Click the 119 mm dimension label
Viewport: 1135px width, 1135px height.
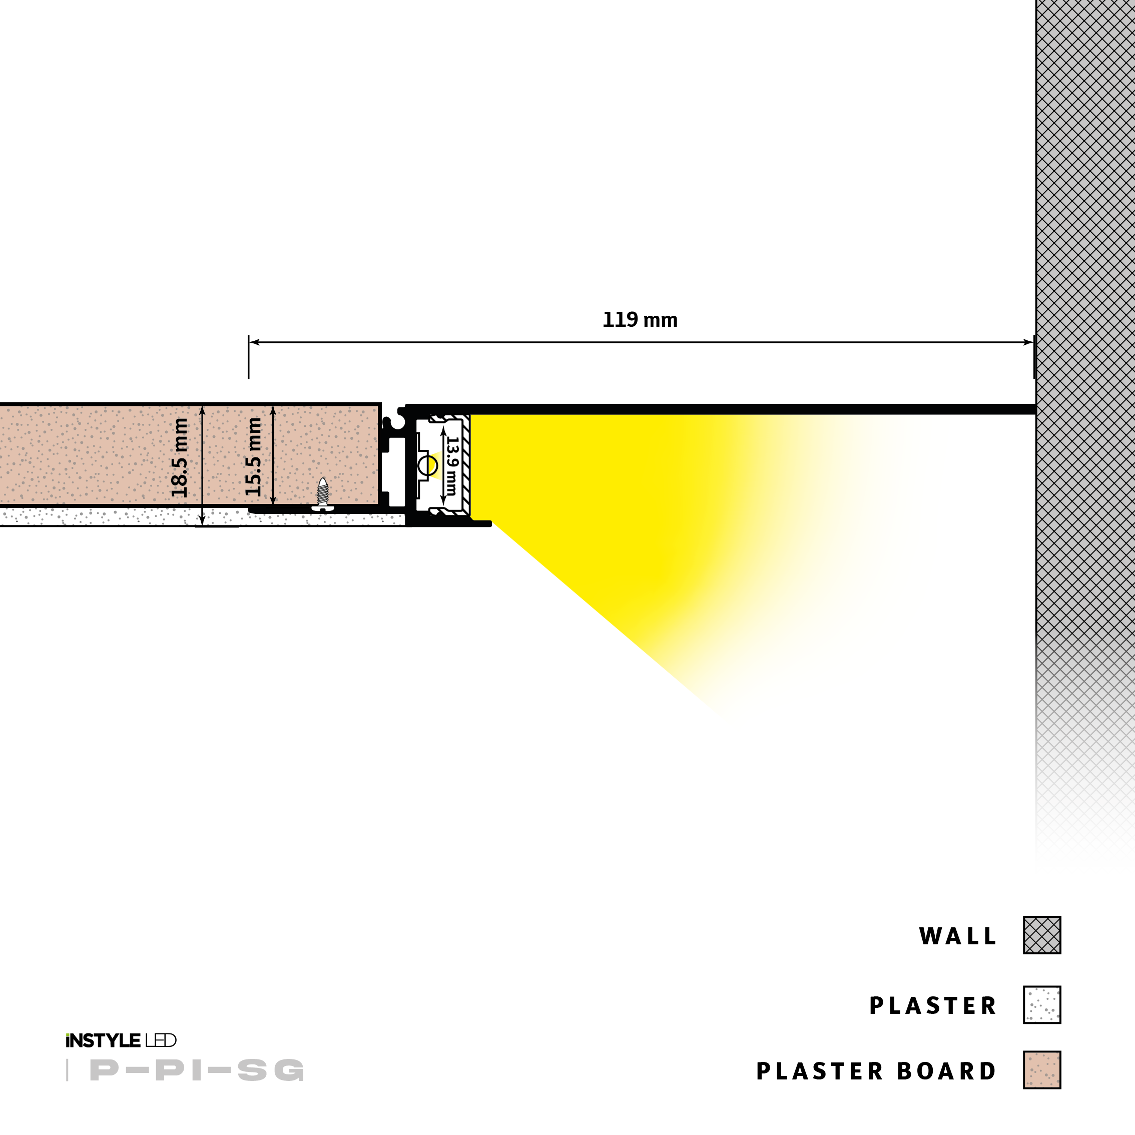[640, 320]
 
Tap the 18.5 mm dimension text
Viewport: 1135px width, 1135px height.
[179, 457]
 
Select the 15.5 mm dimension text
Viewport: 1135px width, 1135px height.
[253, 457]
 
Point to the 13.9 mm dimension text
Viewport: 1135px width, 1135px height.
[451, 465]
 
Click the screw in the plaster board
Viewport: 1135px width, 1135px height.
[322, 493]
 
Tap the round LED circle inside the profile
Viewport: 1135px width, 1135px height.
[428, 466]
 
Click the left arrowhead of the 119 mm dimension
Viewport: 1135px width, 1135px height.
[254, 342]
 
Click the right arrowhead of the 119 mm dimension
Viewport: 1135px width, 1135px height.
[1029, 342]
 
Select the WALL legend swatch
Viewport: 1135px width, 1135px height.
[1041, 935]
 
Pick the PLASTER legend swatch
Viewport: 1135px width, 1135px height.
[1041, 1004]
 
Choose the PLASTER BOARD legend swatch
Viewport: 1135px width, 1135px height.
[1041, 1070]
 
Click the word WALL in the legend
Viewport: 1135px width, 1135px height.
[957, 936]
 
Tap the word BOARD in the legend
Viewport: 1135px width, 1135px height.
[946, 1071]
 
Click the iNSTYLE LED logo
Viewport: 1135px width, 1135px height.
[121, 1040]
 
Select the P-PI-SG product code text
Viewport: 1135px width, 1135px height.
[197, 1070]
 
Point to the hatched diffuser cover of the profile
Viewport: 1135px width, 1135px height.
[466, 465]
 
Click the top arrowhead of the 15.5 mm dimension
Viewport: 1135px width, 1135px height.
[273, 409]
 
